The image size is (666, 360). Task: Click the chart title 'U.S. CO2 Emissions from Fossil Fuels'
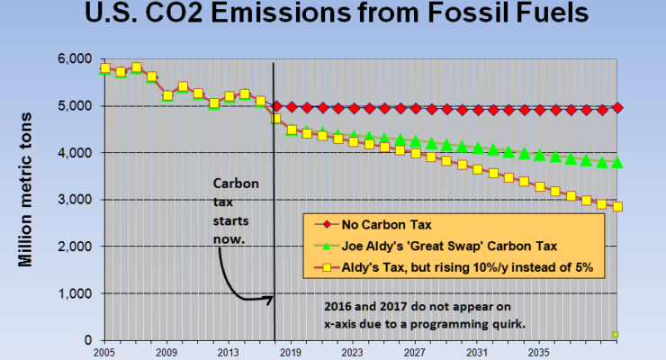[333, 15]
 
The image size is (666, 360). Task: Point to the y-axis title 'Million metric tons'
[27, 188]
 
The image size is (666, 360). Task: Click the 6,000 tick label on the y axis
[76, 58]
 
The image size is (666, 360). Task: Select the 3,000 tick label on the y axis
[76, 200]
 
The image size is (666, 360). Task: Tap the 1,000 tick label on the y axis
[76, 293]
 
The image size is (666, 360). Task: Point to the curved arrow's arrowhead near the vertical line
[269, 296]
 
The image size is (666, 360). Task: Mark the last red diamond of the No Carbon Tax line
[617, 108]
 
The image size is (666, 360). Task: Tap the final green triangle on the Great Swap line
[617, 163]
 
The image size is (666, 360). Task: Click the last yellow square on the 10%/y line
[617, 206]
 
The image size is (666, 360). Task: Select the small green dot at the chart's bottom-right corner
[616, 335]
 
